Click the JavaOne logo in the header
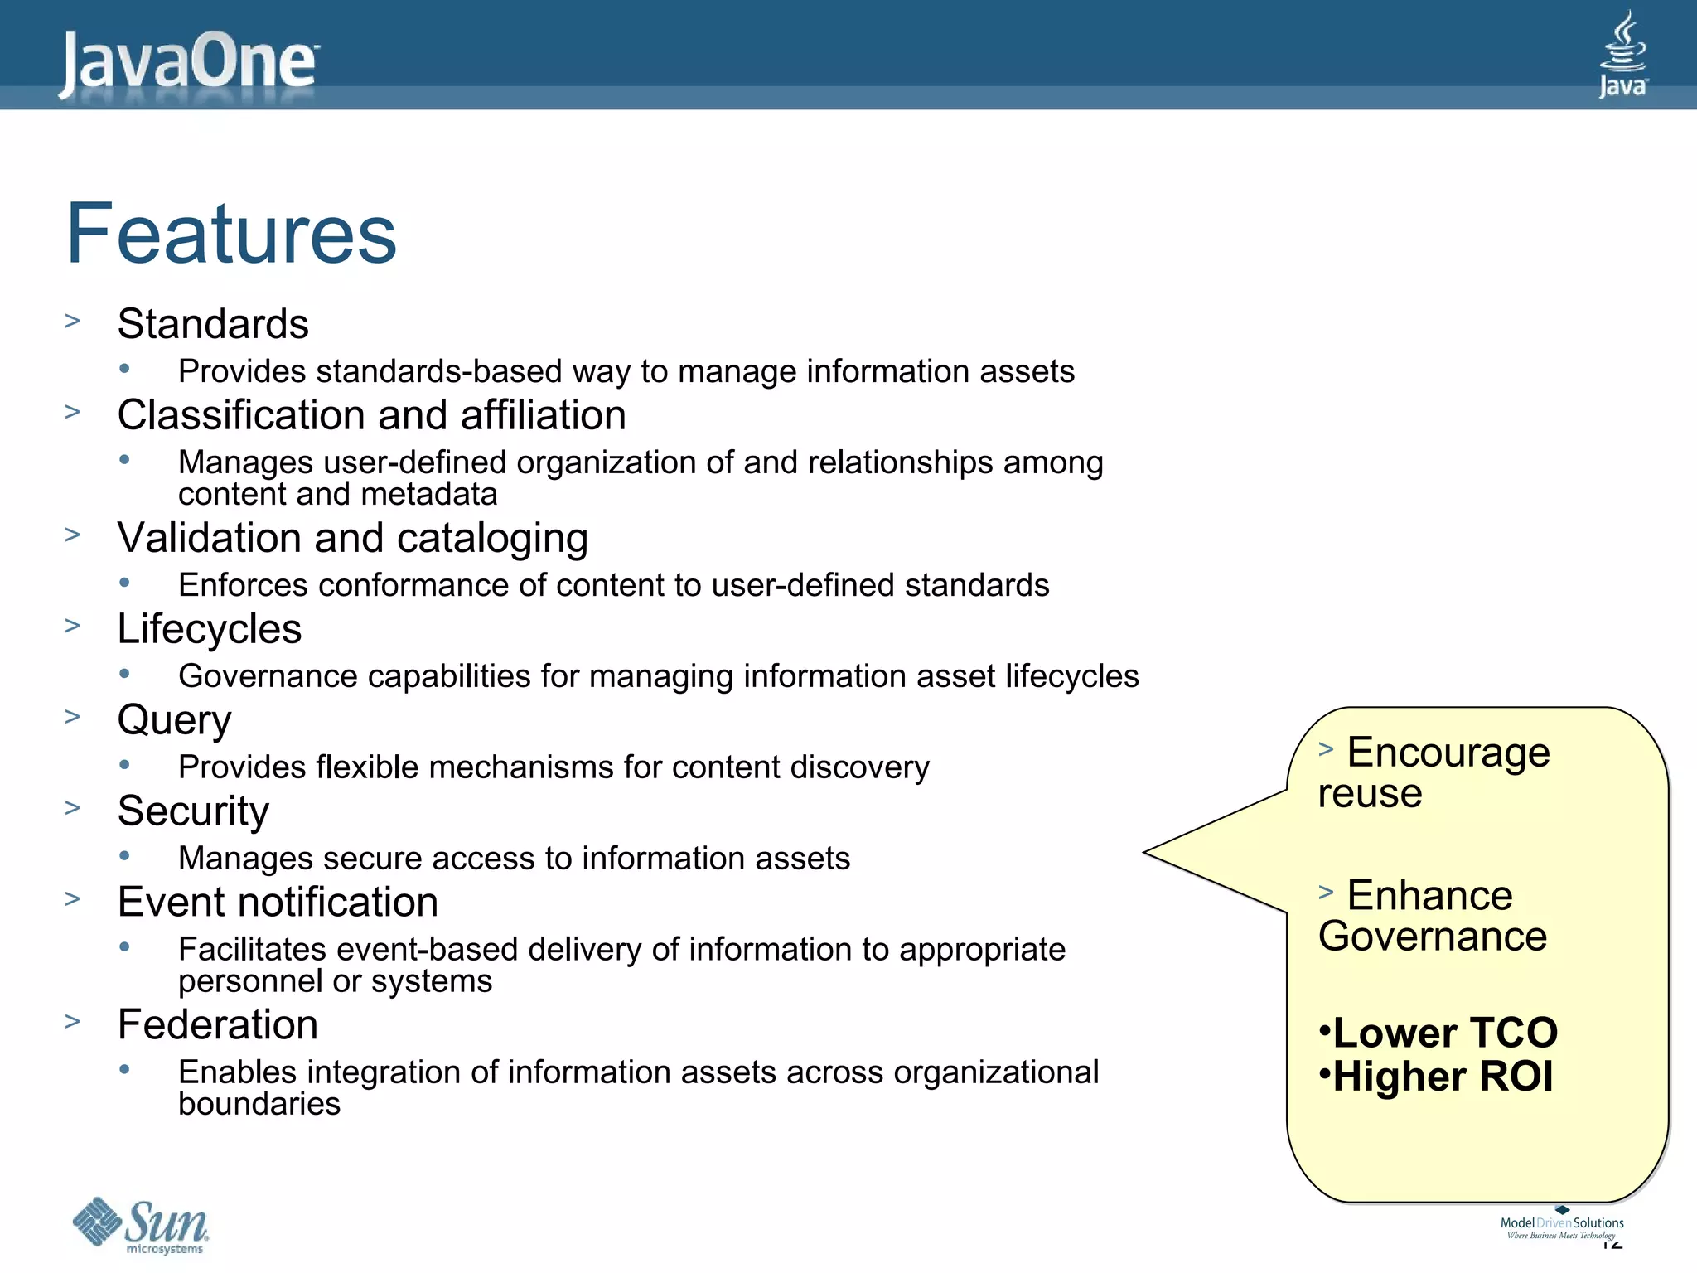click(x=189, y=61)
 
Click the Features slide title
click(x=231, y=235)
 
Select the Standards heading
click(x=213, y=324)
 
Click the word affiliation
click(x=543, y=415)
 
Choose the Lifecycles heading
click(x=210, y=629)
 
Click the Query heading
click(x=174, y=720)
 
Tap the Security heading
click(x=193, y=811)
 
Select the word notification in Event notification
click(x=345, y=903)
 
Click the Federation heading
click(x=218, y=1025)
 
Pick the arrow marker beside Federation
click(x=73, y=1022)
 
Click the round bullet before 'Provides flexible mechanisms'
click(x=124, y=765)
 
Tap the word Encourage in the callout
click(x=1448, y=753)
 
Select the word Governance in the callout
click(x=1433, y=937)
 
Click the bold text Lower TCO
click(x=1445, y=1033)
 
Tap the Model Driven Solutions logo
click(x=1561, y=1224)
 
